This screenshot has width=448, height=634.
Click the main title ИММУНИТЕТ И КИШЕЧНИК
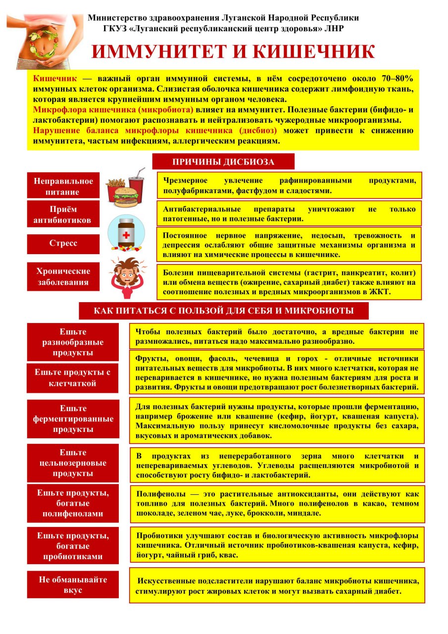[x=233, y=52]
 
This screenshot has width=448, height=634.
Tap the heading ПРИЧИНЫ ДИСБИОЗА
[x=223, y=161]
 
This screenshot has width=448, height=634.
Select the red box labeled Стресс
[x=63, y=244]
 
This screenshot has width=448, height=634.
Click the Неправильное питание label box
[x=63, y=186]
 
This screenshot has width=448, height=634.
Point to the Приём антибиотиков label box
[x=63, y=214]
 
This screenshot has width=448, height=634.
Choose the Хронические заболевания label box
[x=63, y=276]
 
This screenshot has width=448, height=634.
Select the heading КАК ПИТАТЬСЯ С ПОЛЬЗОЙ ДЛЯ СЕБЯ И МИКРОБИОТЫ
[x=224, y=311]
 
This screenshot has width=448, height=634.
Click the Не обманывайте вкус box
[x=73, y=584]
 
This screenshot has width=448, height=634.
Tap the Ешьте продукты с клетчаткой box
[x=73, y=377]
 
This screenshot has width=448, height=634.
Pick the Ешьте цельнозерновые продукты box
[x=73, y=463]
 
